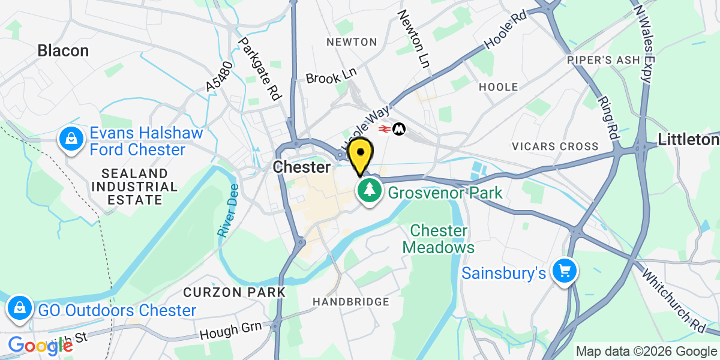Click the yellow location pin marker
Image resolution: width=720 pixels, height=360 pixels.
[x=360, y=154]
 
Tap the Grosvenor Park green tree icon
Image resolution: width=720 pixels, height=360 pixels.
[x=370, y=191]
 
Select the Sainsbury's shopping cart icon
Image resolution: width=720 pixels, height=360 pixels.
[x=564, y=272]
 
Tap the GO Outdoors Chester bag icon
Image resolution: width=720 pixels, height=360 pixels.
[x=20, y=309]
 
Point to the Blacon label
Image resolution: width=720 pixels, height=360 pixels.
[x=63, y=50]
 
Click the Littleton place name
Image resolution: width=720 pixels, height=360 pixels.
[x=688, y=140]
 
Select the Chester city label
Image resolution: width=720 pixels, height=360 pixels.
[x=301, y=167]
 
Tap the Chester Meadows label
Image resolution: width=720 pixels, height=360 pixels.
[x=438, y=239]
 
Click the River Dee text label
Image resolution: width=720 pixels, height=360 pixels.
[x=228, y=211]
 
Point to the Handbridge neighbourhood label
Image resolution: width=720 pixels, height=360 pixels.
[x=351, y=302]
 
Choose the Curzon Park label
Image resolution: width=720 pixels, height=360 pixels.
[x=234, y=292]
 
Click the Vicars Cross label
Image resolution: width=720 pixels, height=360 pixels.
[x=555, y=146]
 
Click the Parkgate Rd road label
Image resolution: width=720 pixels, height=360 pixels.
[x=260, y=68]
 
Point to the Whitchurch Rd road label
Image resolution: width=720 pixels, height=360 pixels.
[x=681, y=300]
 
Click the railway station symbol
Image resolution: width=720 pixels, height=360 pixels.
[x=385, y=128]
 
